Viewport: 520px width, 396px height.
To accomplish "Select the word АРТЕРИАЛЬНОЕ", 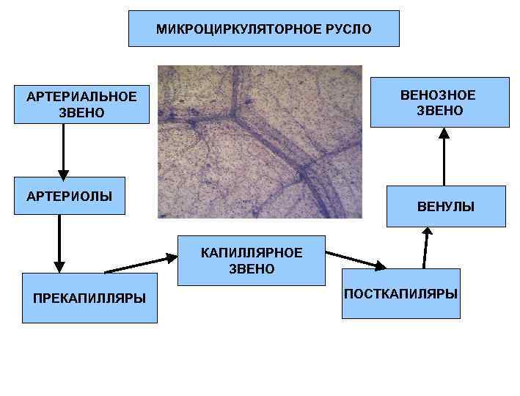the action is coord(81,97).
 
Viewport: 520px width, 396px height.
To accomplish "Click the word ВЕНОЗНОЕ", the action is coord(438,95).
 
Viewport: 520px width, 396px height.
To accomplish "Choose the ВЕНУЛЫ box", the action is coord(446,208).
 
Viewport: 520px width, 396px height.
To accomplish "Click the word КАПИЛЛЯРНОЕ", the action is coord(252,253).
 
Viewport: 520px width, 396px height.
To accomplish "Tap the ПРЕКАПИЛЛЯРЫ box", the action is coord(89,297).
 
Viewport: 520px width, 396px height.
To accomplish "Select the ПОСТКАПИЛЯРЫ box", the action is coord(400,293).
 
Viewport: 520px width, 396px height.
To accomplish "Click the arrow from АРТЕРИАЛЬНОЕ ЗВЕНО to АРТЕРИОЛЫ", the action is coord(64,150).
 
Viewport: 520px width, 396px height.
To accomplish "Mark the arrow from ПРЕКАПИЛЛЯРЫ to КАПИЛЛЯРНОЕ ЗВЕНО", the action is coord(141,265).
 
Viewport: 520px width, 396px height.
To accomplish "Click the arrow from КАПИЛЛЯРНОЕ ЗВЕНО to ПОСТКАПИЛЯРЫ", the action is coord(355,260).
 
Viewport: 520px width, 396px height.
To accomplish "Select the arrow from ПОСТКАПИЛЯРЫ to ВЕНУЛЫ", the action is coord(425,248).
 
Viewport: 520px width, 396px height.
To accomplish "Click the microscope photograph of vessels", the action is coord(260,142).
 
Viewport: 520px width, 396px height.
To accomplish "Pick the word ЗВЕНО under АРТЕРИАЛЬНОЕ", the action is coord(81,113).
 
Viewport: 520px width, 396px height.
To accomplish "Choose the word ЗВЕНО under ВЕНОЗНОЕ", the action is coord(439,111).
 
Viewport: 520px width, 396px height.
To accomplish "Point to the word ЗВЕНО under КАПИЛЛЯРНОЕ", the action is coord(252,269).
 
